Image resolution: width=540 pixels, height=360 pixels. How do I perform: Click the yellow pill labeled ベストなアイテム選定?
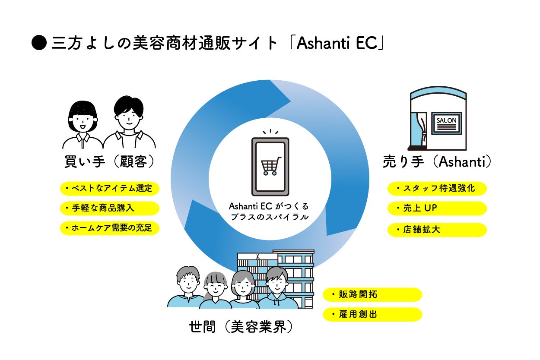[x=109, y=189]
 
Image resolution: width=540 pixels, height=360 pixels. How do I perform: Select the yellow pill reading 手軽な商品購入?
[x=109, y=208]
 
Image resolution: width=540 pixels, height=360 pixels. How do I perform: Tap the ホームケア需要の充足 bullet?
[x=109, y=228]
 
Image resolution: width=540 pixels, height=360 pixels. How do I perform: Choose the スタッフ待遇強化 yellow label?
[x=437, y=189]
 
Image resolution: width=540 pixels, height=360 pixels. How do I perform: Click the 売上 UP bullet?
[x=437, y=208]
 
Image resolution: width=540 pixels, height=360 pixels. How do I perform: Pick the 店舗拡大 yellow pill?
[x=437, y=230]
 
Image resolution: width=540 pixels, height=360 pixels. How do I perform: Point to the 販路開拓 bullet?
[x=372, y=294]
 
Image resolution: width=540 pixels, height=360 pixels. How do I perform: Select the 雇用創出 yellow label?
[x=372, y=314]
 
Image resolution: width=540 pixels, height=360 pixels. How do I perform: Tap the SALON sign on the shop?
[x=446, y=121]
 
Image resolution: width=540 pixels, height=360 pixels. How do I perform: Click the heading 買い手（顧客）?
[x=109, y=163]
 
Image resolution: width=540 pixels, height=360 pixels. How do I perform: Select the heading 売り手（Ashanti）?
[x=437, y=163]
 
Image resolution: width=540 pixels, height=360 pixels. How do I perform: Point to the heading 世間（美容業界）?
[x=241, y=327]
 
